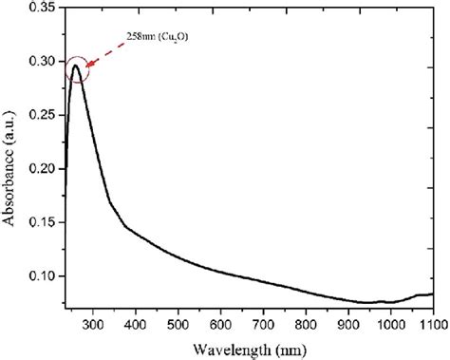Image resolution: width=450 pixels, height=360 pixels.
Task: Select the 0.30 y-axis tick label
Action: coord(41,61)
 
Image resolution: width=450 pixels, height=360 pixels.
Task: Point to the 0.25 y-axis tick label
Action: coord(41,115)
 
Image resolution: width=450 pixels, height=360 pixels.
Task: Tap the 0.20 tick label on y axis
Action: coord(41,168)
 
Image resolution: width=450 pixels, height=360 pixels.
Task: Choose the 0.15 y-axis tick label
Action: coord(41,222)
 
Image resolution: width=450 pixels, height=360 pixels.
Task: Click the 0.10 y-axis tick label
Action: coord(41,276)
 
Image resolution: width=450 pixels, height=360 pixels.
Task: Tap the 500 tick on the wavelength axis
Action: coord(178,325)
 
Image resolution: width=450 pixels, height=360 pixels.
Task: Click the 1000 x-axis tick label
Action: coord(390,325)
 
